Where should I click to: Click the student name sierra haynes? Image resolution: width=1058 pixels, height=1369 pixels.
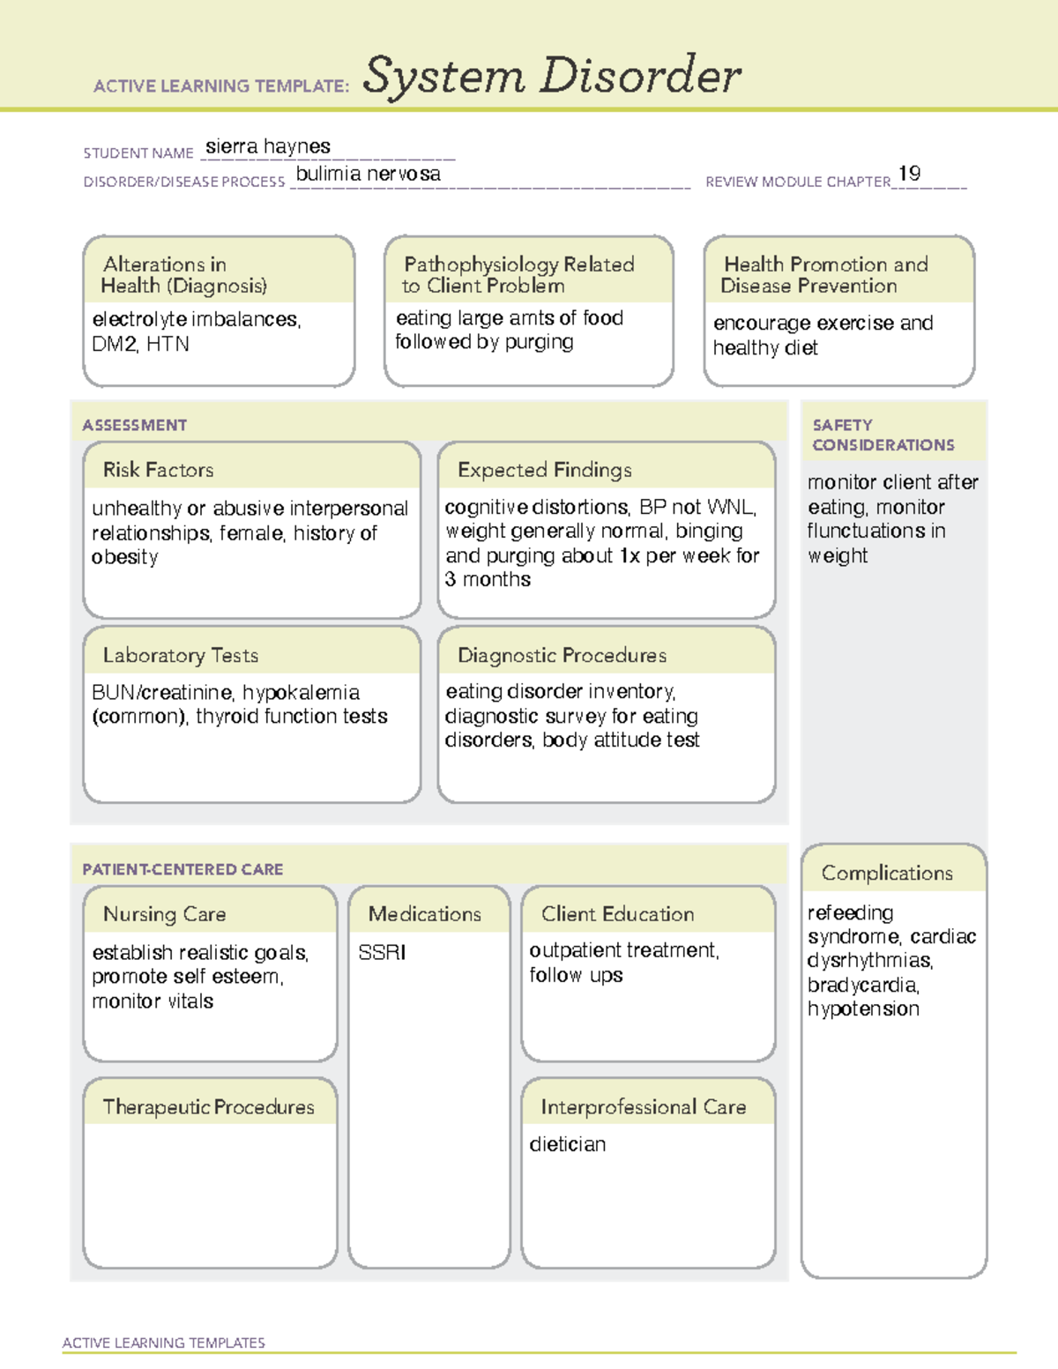tap(268, 146)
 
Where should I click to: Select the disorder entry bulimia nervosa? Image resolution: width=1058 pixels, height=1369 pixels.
tap(368, 174)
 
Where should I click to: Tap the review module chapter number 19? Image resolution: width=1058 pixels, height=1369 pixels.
tap(909, 174)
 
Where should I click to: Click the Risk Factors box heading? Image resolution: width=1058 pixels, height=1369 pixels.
tap(158, 470)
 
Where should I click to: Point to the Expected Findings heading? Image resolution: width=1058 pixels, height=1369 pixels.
tap(544, 470)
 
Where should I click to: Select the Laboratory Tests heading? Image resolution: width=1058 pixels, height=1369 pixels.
tap(180, 655)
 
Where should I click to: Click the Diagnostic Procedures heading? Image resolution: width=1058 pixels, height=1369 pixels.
tap(562, 655)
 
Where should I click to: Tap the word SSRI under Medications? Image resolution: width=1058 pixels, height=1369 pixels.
tap(382, 952)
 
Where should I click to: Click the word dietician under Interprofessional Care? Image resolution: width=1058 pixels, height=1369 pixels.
tap(567, 1144)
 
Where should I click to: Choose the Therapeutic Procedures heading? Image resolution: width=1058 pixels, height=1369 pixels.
tap(208, 1106)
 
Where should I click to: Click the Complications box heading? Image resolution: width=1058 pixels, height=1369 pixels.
tap(886, 873)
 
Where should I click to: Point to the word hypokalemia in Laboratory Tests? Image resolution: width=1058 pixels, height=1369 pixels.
tap(301, 692)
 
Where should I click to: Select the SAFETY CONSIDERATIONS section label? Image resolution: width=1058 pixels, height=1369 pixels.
tap(883, 435)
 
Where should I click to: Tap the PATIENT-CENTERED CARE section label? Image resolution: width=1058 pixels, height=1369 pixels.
tap(183, 869)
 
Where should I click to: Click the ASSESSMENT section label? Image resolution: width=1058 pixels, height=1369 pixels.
tap(134, 425)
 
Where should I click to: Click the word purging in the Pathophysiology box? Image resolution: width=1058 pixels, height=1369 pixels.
tap(539, 342)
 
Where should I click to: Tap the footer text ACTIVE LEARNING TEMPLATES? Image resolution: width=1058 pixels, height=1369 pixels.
tap(163, 1343)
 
